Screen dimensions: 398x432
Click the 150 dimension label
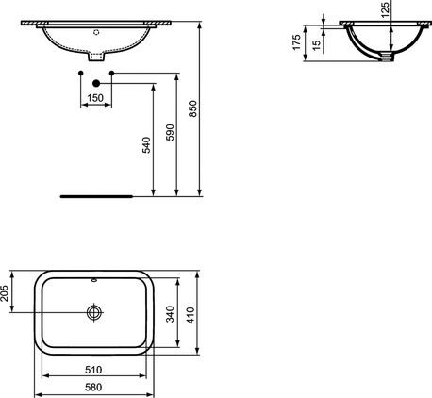click(x=96, y=98)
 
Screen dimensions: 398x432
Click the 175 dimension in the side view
click(x=296, y=42)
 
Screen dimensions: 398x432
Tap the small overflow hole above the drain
click(x=95, y=280)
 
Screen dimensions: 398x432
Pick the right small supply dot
click(x=111, y=73)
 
